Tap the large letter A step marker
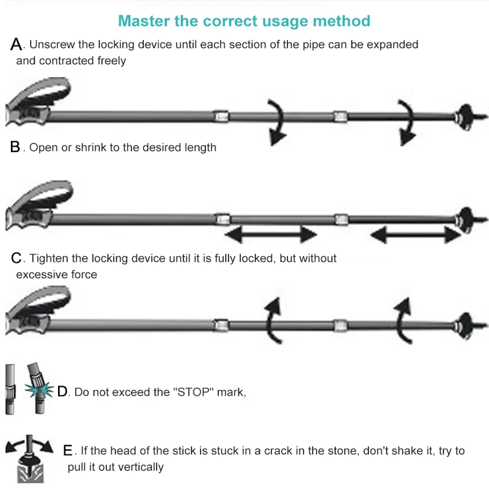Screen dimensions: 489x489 [x=17, y=44]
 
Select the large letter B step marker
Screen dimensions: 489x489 [x=15, y=147]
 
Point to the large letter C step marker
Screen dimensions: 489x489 [x=17, y=258]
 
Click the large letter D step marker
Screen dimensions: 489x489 [x=63, y=391]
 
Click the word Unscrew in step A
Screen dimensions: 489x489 [x=51, y=45]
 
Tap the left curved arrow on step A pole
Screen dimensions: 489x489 [x=277, y=122]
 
